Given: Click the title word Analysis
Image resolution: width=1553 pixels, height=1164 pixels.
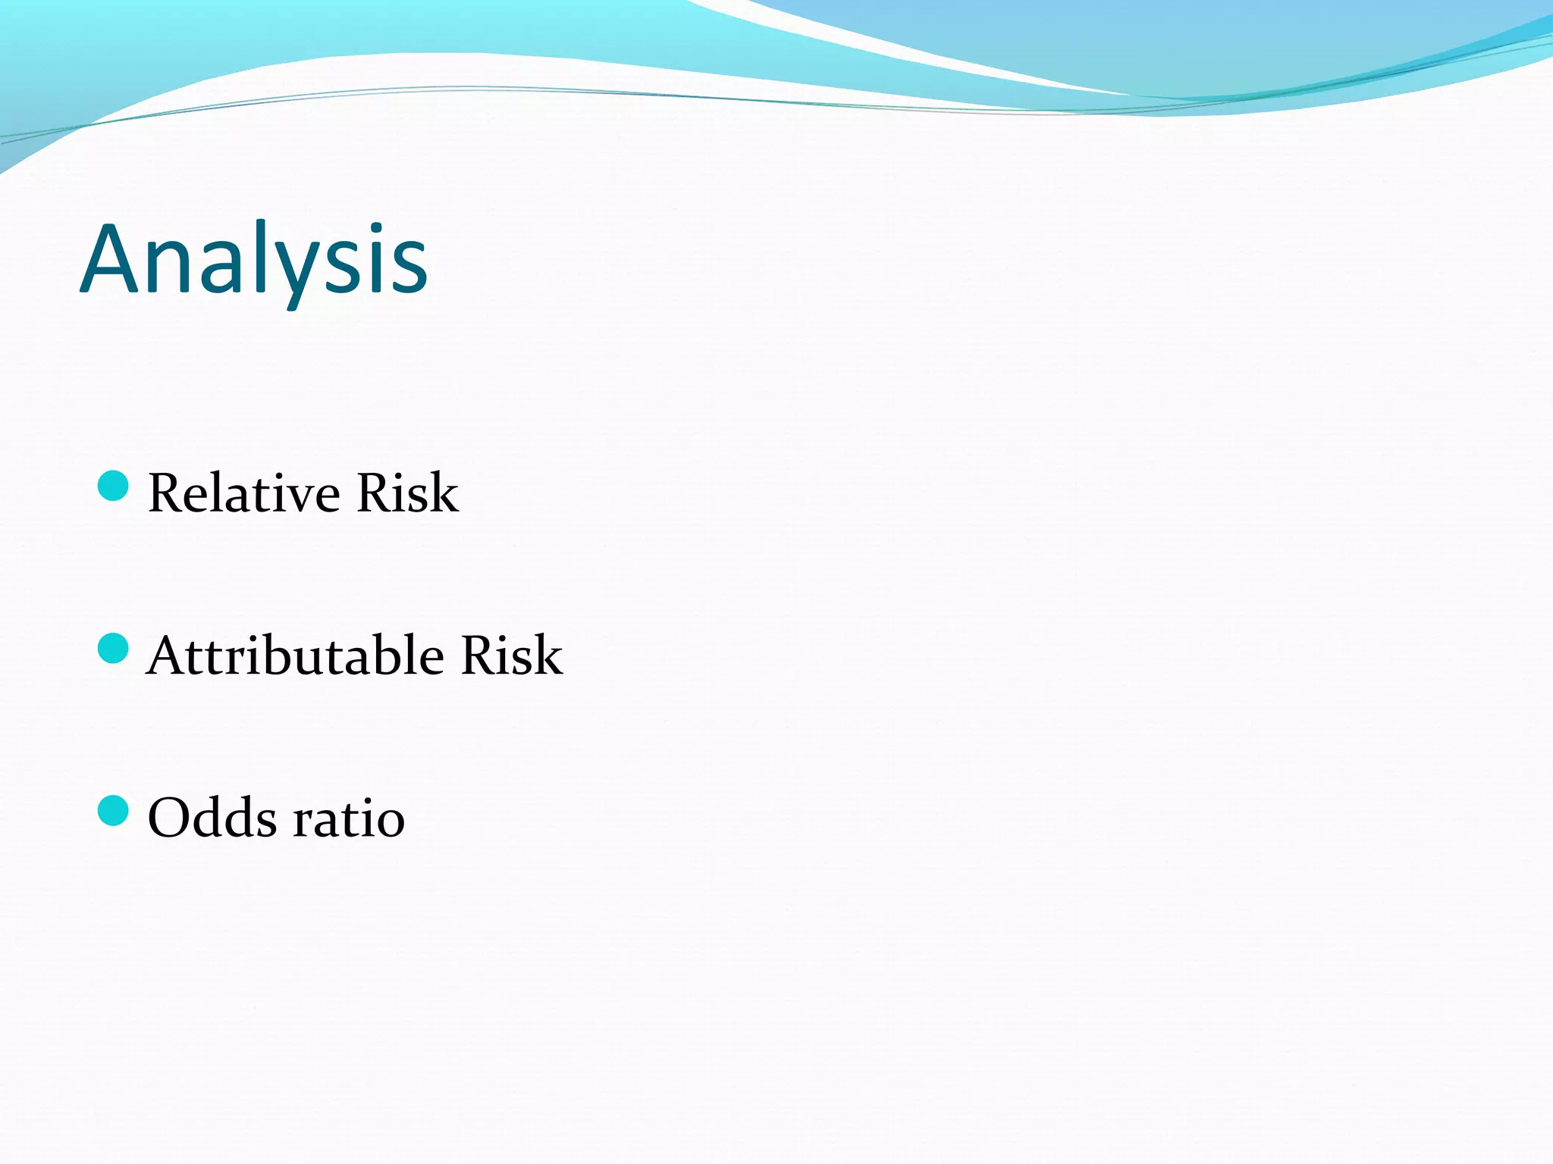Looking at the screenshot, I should coord(254,259).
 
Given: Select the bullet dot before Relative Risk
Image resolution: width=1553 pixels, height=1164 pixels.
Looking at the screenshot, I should coord(114,486).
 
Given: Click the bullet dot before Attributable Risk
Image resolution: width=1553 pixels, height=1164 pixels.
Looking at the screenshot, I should coord(114,649).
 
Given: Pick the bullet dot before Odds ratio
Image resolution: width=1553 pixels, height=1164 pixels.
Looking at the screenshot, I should coord(114,811).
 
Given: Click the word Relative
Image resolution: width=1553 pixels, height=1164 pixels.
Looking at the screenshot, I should coord(244,493).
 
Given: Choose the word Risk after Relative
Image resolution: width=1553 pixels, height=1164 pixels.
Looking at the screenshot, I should coord(407,493).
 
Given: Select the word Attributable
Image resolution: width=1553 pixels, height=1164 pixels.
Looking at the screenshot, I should coord(296,656).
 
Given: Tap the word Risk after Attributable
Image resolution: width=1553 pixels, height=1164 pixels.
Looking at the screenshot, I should coord(512,656).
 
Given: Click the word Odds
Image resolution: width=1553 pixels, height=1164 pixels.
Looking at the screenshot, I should coord(212,818).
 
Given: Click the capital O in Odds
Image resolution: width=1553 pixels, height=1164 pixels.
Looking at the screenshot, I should coord(168,818).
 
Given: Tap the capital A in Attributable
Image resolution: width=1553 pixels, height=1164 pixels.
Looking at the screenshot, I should coord(168,656).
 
